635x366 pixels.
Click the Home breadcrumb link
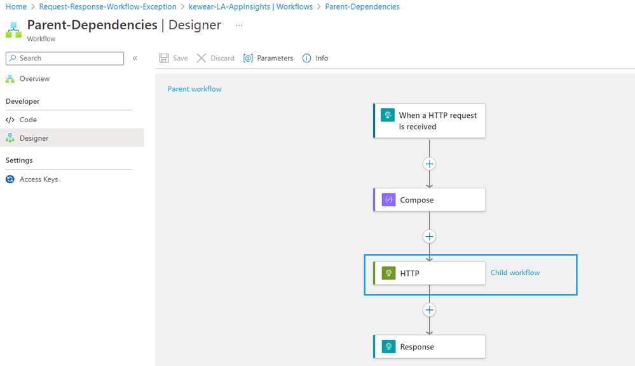(16, 7)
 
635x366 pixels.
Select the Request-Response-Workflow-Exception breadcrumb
(107, 7)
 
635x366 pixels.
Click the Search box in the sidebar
(65, 59)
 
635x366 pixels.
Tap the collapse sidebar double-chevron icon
(135, 59)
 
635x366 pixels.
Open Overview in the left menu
(34, 79)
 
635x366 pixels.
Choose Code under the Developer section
(28, 120)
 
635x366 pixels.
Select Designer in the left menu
(34, 138)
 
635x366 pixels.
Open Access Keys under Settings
(38, 179)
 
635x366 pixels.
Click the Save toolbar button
(174, 59)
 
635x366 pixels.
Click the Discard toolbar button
(215, 59)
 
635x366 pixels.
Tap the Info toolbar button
(315, 59)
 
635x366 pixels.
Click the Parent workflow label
(195, 89)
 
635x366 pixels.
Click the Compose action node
(430, 200)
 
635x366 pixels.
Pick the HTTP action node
(430, 273)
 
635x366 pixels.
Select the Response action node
(430, 347)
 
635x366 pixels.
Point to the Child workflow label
(515, 273)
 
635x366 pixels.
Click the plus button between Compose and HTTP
(430, 237)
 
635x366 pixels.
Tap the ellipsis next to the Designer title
(239, 25)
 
